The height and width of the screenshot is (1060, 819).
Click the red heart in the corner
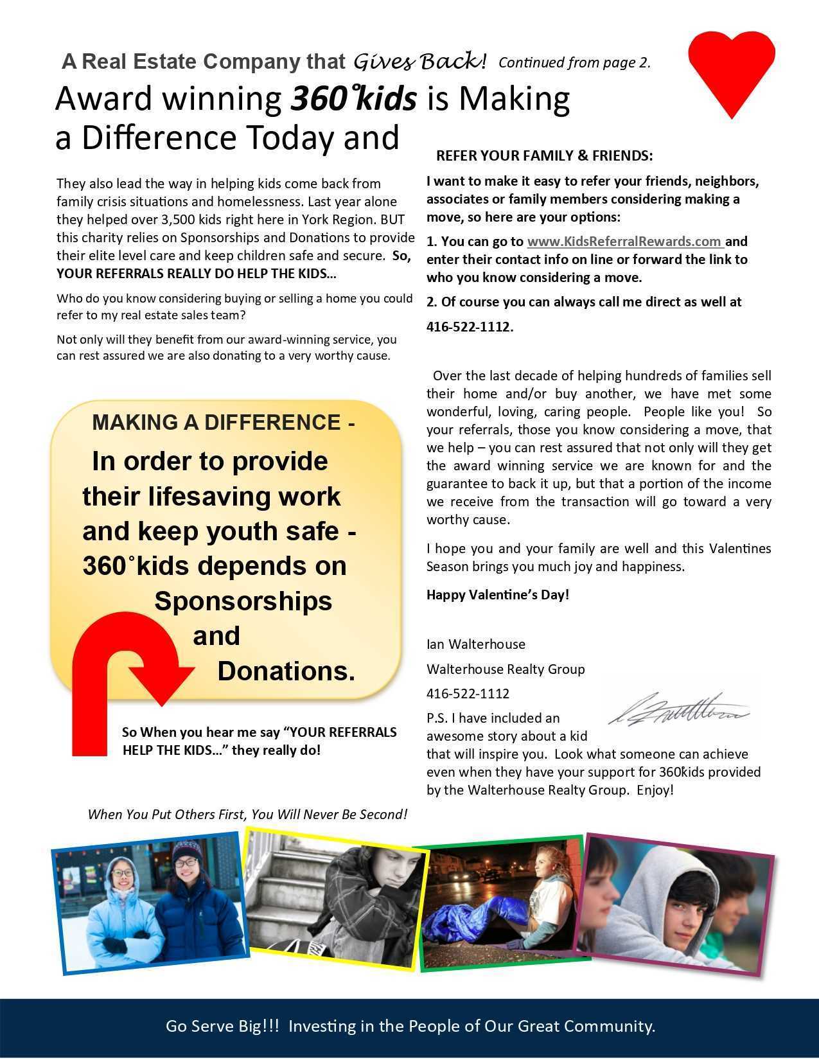732,71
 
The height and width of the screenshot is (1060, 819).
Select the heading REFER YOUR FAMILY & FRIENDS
544,155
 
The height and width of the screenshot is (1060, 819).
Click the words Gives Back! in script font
419,61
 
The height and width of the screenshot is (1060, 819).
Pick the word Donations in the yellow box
286,671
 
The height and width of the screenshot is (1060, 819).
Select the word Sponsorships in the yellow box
243,601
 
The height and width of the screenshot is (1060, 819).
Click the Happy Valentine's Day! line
498,594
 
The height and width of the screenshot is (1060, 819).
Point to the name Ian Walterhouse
475,644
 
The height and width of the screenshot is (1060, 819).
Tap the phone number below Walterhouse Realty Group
468,693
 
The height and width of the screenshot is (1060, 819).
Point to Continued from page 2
574,62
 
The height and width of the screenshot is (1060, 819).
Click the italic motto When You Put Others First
247,814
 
